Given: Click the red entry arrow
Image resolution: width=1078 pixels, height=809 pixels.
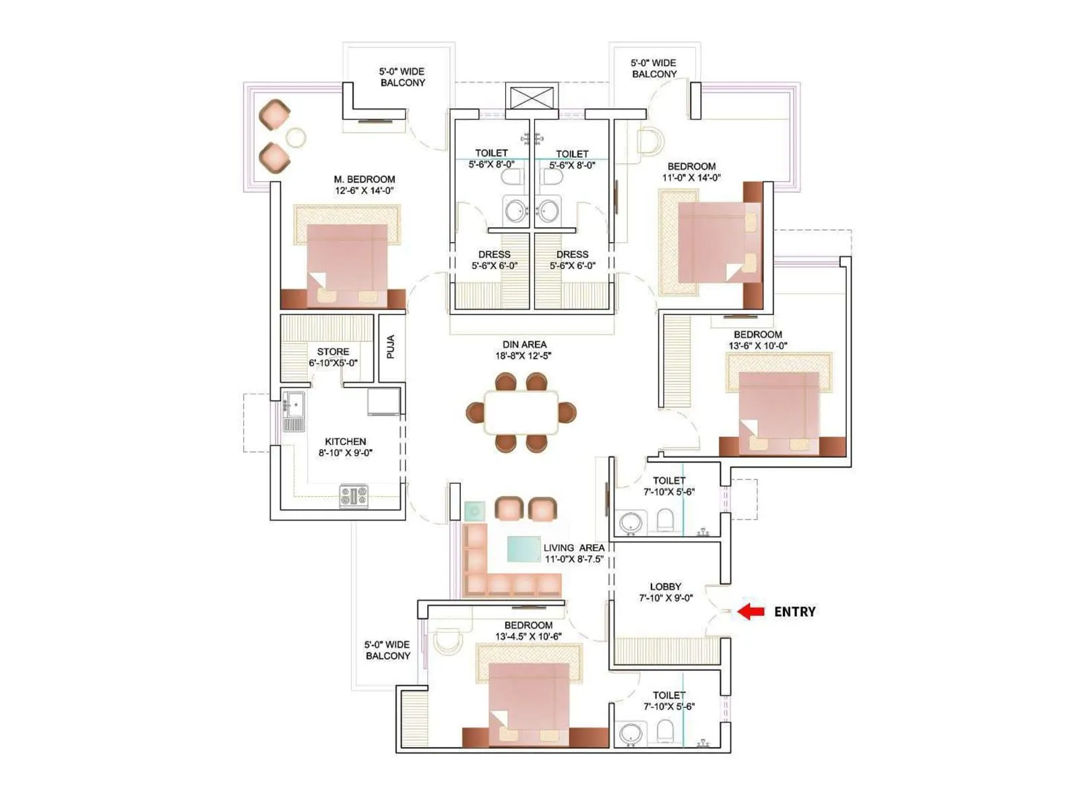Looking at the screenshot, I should coord(751,611).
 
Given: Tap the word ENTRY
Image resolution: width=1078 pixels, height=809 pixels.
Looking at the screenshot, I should coord(794,611).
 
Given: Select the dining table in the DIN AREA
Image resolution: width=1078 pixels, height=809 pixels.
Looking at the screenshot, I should coord(521,412).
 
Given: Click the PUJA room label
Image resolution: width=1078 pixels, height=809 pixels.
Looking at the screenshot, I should coord(391,347).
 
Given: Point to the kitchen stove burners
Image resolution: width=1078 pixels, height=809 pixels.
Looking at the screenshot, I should coord(354,496).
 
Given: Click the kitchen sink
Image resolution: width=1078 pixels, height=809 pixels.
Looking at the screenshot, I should coord(293,404).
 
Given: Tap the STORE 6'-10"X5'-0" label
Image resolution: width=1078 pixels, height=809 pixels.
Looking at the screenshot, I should coord(333,357).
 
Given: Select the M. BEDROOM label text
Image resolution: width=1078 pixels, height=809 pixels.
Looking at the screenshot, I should coord(364,179).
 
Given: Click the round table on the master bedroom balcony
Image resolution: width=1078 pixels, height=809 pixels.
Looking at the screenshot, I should coord(296,138).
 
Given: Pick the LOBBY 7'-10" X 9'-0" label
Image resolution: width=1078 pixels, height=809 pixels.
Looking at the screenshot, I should coord(666,592).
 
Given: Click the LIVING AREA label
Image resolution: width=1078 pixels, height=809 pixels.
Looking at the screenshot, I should coord(574,547).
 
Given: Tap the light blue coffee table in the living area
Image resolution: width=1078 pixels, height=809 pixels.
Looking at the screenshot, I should coord(523,548).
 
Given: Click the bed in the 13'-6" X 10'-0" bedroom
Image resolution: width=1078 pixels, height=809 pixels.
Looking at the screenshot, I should coord(779,411).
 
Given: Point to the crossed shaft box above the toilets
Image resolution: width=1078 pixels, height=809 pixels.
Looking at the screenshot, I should coord(532,97).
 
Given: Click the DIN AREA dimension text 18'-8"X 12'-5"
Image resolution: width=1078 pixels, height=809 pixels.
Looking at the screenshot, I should coord(524,356).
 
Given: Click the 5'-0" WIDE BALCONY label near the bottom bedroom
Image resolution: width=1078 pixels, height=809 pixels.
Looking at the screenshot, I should coord(387,650).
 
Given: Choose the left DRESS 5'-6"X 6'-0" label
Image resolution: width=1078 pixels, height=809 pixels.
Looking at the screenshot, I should coord(494,260).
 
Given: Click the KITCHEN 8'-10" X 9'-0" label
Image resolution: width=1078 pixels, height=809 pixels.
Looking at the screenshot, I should coord(345,447).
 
